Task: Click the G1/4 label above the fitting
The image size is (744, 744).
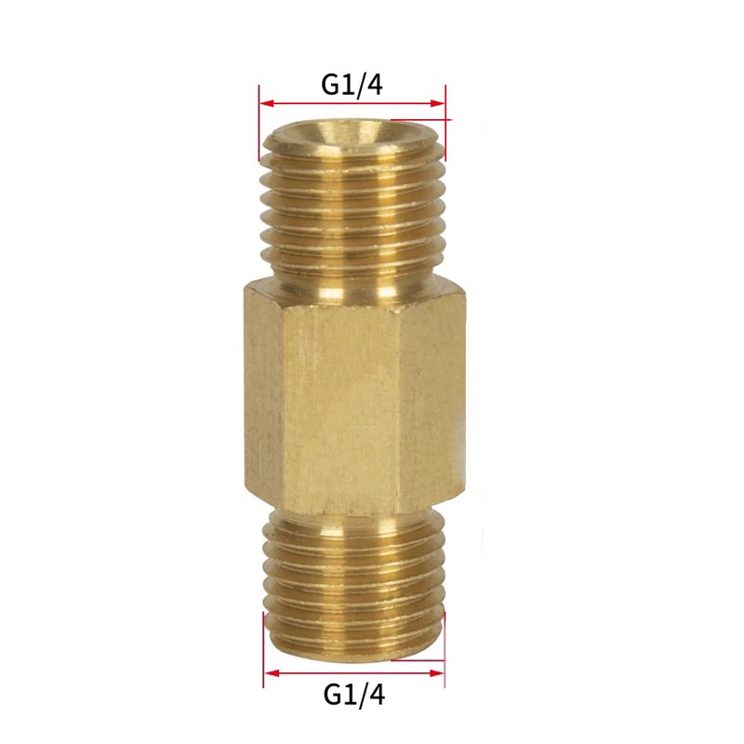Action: point(352,84)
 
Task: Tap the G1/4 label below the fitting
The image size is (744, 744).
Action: point(353,694)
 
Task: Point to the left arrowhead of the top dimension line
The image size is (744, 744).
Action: point(265,102)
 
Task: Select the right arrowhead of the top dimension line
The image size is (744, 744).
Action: point(440,102)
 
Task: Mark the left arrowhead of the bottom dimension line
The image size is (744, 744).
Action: point(270,671)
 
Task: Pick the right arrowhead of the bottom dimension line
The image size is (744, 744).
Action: point(438,671)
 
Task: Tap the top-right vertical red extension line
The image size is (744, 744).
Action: point(445,121)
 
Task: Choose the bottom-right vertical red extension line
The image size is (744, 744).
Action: point(444,651)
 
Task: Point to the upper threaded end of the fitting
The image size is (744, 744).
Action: point(353,214)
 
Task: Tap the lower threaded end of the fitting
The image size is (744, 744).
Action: point(353,577)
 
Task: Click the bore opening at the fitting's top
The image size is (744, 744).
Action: point(353,135)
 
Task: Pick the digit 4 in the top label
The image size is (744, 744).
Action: point(375,84)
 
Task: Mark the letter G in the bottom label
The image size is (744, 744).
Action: point(332,694)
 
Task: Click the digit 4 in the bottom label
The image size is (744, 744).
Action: point(376,694)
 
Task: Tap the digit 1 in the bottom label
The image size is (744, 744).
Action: point(349,694)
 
